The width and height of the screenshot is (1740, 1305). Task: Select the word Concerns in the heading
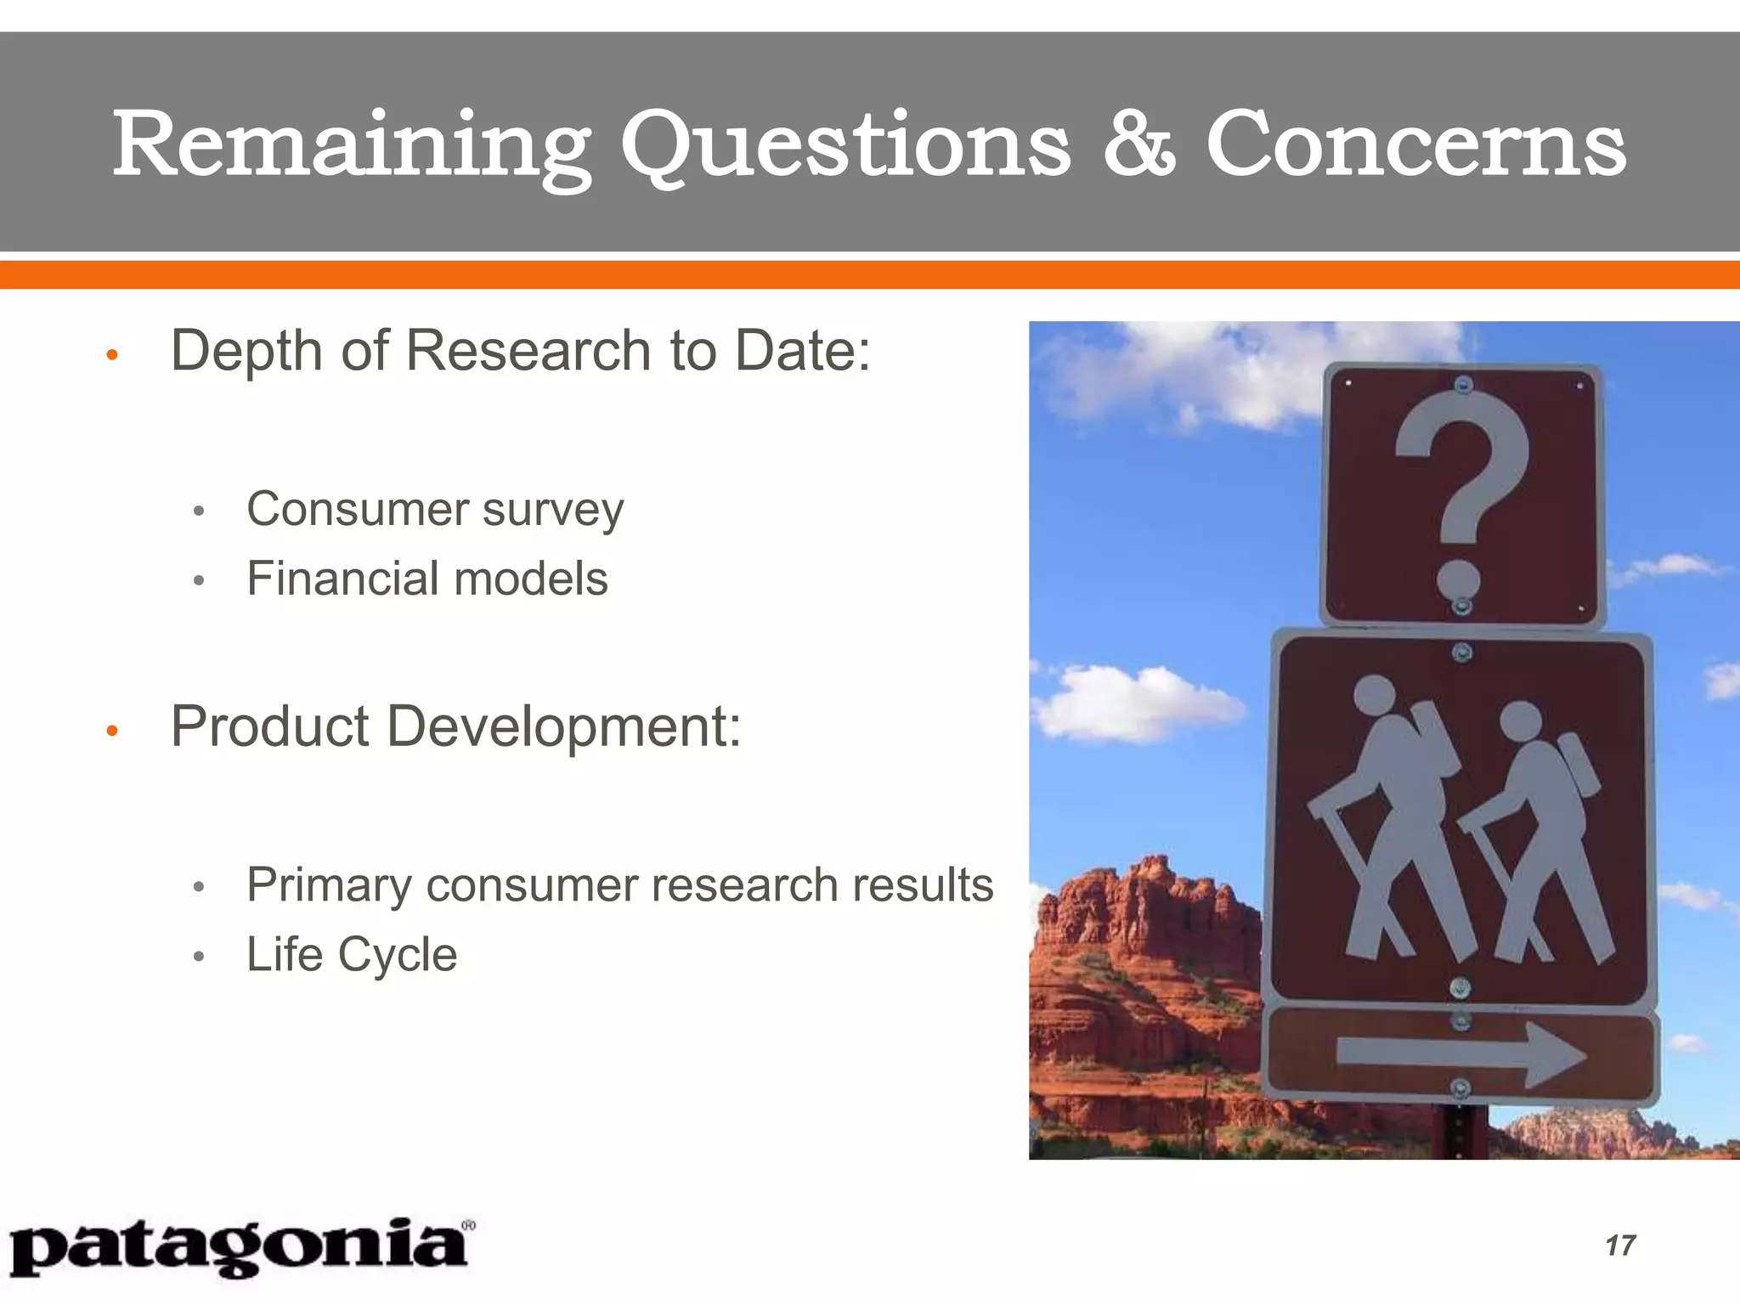coord(1415,144)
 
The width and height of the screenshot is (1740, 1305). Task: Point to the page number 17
coord(1619,1246)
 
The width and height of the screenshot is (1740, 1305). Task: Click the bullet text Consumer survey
coord(435,510)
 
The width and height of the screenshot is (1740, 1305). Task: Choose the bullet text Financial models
coord(427,579)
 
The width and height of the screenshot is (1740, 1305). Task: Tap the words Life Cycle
coord(352,954)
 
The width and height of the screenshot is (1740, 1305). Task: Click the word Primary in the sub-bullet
coord(329,885)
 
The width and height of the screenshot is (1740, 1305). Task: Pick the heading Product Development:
coord(456,727)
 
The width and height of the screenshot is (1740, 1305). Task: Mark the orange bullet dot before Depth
coord(110,354)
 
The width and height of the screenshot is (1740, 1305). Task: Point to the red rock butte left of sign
coord(1138,977)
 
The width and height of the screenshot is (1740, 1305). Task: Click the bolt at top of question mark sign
coord(1462,385)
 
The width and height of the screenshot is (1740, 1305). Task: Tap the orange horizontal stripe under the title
coord(870,274)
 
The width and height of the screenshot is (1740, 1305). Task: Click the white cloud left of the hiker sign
coord(1130,701)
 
